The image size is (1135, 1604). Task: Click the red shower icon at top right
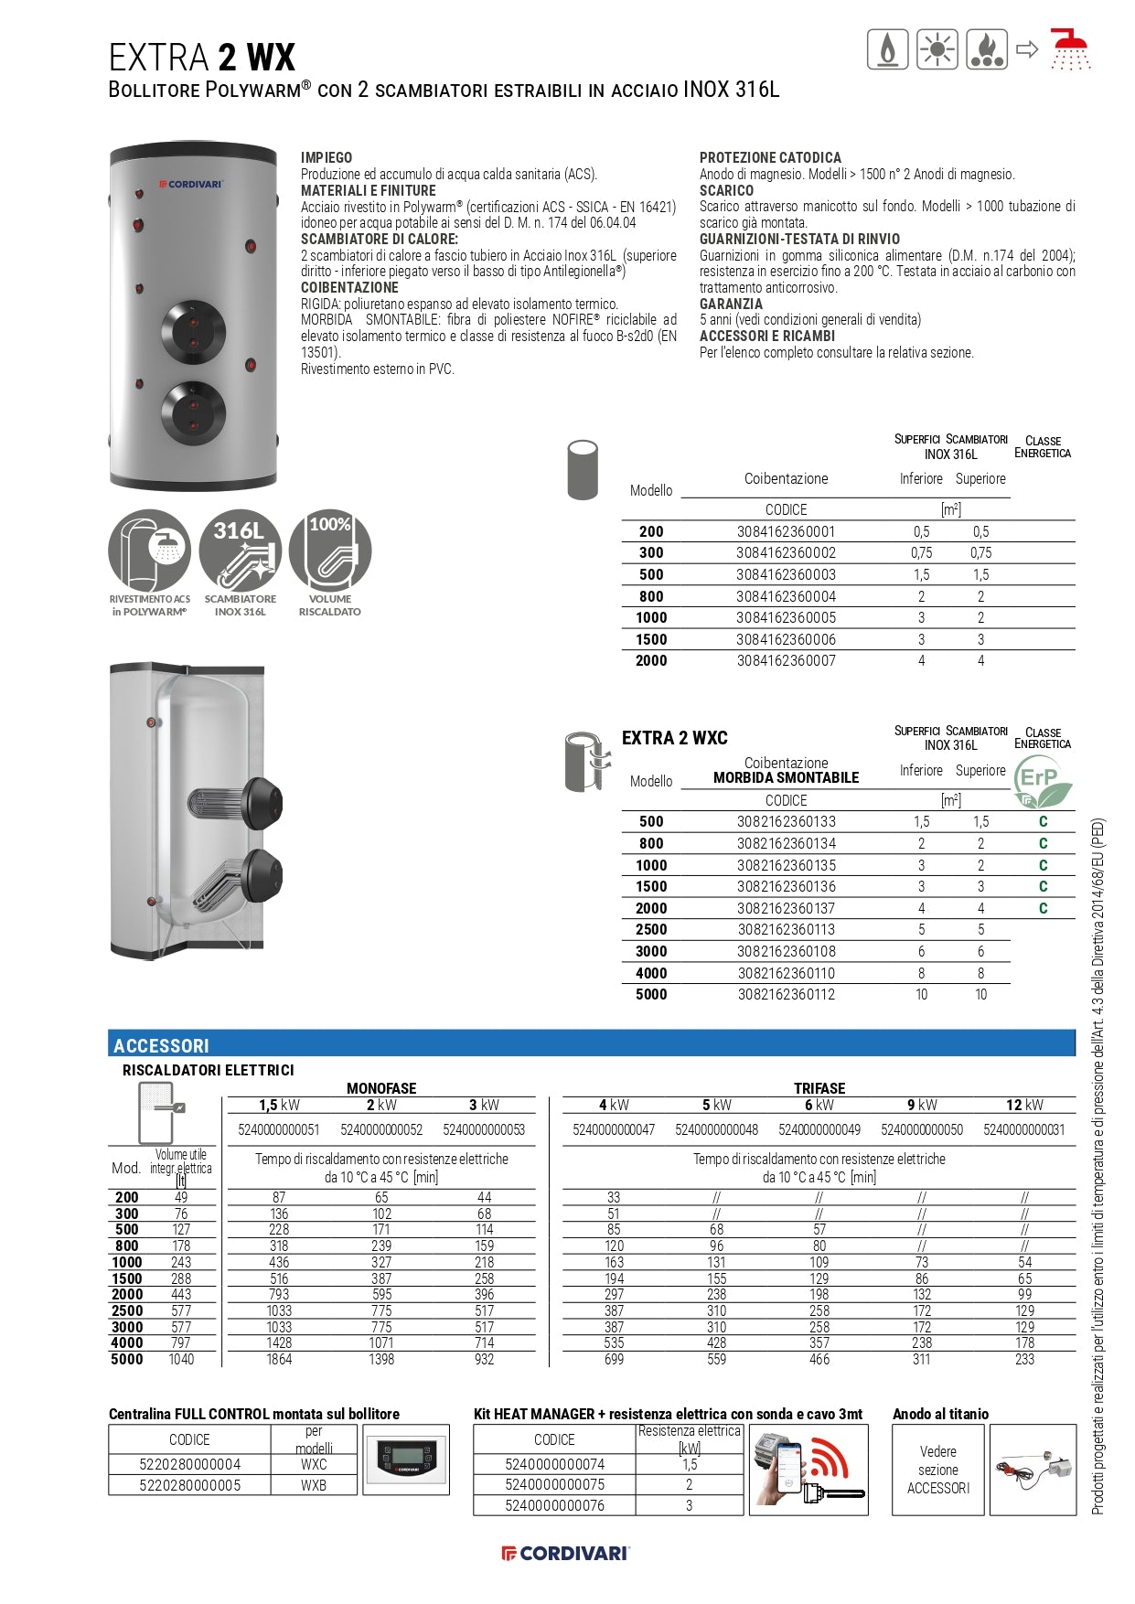(1069, 49)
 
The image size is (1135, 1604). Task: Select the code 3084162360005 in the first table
(786, 617)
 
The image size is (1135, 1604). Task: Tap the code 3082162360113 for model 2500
(786, 929)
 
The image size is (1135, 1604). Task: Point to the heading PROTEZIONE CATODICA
(770, 157)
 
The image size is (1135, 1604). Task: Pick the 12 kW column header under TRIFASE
(1024, 1105)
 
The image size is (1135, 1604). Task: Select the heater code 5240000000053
(484, 1129)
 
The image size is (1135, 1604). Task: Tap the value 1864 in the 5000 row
(279, 1359)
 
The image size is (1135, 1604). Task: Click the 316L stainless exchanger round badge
(240, 551)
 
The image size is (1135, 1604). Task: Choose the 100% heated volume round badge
(329, 551)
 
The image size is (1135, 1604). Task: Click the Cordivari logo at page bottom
(566, 1553)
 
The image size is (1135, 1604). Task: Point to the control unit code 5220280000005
(190, 1485)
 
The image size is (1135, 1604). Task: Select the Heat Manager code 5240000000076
(554, 1505)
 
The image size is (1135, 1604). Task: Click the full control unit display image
(406, 1460)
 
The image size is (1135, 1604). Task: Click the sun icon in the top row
(937, 49)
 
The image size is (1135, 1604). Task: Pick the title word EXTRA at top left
(158, 58)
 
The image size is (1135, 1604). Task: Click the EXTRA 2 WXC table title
(675, 738)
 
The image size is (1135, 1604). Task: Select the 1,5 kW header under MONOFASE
(279, 1105)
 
